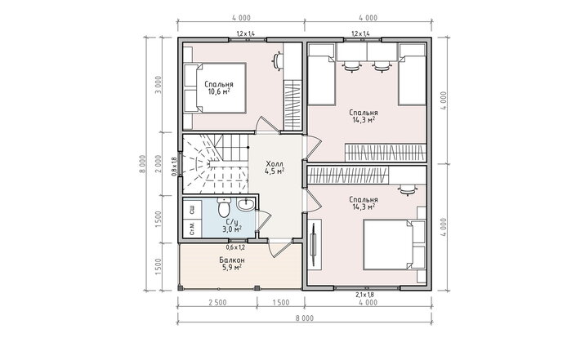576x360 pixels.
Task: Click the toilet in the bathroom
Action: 223,207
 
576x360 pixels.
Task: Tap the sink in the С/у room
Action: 245,204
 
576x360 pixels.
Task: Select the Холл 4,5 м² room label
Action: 275,167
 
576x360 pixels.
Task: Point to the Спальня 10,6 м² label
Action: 219,88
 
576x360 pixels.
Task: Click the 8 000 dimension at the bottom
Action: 305,318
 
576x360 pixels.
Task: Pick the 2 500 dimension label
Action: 217,303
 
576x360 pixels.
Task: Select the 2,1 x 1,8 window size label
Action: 364,295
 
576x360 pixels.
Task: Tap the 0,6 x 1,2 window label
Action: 235,247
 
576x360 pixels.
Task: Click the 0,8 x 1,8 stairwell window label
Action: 174,167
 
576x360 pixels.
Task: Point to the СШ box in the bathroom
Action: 192,210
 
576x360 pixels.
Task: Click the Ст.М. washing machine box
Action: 192,229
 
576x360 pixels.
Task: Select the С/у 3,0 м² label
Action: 232,225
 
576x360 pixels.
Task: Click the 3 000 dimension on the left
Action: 159,85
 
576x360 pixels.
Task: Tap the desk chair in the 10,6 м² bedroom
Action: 277,60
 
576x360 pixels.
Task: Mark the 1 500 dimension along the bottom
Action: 280,303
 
